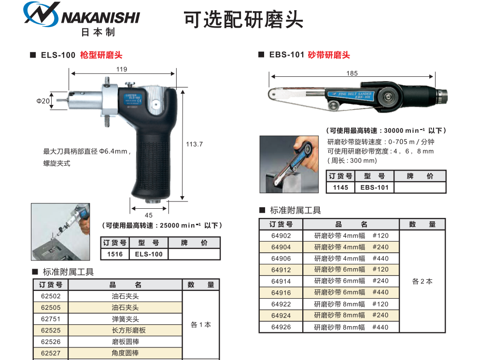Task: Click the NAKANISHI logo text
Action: (x=100, y=18)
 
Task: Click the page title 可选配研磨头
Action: (x=243, y=20)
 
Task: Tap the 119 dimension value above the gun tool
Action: (x=122, y=69)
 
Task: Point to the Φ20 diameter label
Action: (x=43, y=101)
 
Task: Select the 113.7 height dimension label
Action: (x=194, y=144)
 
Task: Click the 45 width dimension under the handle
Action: (x=149, y=215)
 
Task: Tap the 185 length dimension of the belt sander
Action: (x=352, y=73)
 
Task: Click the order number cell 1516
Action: (x=115, y=254)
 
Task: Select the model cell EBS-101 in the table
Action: (x=374, y=187)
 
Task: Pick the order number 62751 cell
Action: (x=51, y=319)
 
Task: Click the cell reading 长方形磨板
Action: (x=125, y=331)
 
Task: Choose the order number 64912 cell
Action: (x=281, y=270)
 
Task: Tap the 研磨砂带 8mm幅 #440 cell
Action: (x=351, y=327)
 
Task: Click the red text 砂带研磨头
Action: (x=329, y=55)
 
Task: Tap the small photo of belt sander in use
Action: (x=289, y=164)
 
